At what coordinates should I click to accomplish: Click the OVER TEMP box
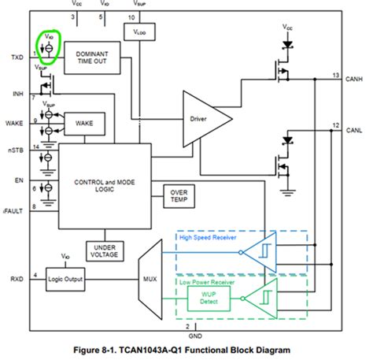tap(179, 195)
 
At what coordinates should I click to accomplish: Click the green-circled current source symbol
tap(48, 49)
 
